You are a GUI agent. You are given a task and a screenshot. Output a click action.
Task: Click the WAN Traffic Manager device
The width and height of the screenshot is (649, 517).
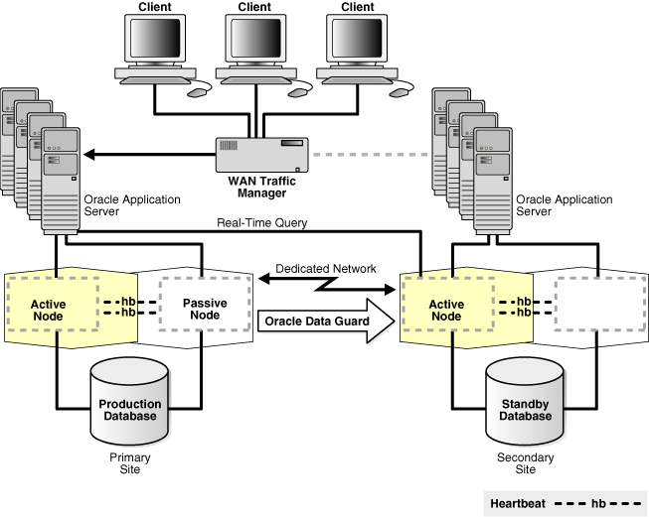262,155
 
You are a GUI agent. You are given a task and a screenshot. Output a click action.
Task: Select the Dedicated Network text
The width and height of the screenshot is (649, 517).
326,269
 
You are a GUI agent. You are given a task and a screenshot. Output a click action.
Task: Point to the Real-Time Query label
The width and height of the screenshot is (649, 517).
262,223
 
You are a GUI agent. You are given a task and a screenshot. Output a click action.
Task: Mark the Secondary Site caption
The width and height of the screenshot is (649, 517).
523,462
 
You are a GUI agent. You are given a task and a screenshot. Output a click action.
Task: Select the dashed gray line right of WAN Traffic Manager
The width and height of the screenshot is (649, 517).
369,155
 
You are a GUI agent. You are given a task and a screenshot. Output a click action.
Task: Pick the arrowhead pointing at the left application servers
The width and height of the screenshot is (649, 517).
90,155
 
